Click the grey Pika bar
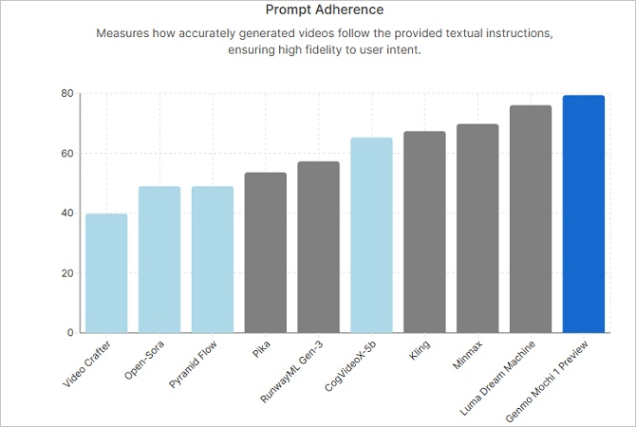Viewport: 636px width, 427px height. coord(266,252)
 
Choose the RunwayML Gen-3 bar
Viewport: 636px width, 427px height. coord(318,247)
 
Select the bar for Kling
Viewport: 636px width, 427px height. coord(424,232)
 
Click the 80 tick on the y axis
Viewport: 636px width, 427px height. coord(67,93)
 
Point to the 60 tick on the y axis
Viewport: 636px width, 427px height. coord(67,153)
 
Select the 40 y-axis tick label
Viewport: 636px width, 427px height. coord(67,213)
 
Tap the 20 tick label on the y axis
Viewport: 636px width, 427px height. coord(67,273)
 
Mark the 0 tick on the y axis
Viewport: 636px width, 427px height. coord(70,333)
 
